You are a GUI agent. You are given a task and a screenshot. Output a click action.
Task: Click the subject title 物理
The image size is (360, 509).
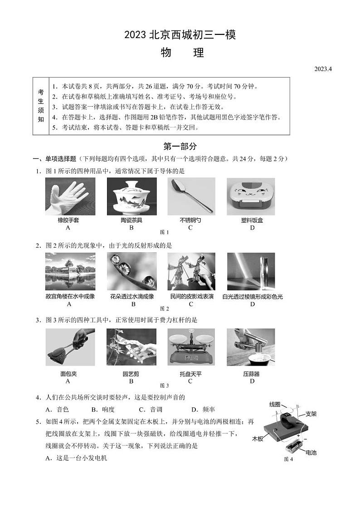tap(182, 53)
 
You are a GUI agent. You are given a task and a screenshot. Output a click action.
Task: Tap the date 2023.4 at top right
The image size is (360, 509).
tap(323, 69)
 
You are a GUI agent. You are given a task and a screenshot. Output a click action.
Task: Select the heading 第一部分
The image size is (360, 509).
tap(180, 147)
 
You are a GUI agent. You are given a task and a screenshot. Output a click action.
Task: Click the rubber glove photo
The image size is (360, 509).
tap(70, 196)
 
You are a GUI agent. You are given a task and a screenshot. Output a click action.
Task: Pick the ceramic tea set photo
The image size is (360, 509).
tap(131, 196)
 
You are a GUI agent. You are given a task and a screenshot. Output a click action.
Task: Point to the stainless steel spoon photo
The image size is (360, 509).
tap(191, 196)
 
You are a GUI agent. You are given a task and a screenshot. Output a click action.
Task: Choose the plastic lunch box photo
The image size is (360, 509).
tap(251, 196)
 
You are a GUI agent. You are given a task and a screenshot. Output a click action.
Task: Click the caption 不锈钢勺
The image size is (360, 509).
tap(190, 220)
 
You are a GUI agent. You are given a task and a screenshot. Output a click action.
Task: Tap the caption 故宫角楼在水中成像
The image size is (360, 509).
tap(70, 296)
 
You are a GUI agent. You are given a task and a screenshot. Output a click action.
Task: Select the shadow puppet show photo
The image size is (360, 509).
tap(191, 271)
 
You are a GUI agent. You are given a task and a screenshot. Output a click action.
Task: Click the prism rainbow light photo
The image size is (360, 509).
tap(251, 271)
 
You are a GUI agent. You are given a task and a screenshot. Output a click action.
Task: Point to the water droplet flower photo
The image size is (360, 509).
tap(131, 271)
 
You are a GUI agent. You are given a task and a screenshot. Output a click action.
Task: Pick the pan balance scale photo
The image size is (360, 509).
tap(191, 347)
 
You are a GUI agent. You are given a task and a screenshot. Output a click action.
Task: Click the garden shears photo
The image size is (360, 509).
tap(131, 347)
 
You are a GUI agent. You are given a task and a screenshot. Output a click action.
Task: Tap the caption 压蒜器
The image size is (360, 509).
tap(251, 374)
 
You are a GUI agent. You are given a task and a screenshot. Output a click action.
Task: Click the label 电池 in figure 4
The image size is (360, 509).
tap(311, 452)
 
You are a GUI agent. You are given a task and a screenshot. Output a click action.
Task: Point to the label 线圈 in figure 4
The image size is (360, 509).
tap(275, 404)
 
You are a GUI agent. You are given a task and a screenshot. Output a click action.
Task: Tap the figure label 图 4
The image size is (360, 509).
tap(288, 459)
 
